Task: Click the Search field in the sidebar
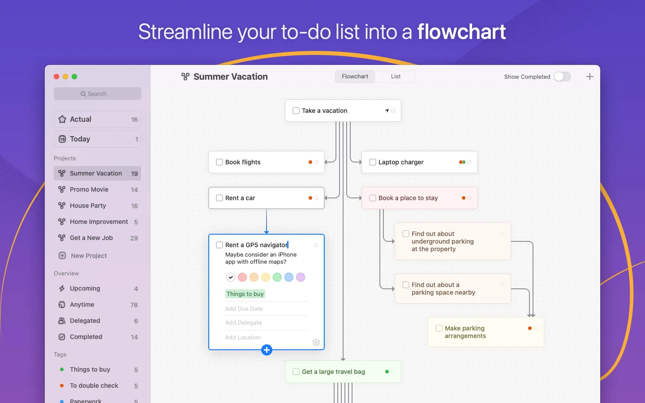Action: coord(97,94)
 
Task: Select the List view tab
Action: coord(396,77)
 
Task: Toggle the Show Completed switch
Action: coord(562,77)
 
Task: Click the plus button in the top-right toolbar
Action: coord(590,77)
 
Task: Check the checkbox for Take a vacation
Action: coord(296,111)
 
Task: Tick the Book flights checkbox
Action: coord(219,162)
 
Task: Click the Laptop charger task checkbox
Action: coord(373,162)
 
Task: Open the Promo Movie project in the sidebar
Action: coord(89,189)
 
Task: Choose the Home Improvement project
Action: coord(99,222)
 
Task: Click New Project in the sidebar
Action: coord(89,256)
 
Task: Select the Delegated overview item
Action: coord(85,321)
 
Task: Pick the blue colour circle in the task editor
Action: coord(289,277)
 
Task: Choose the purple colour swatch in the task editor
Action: coord(301,277)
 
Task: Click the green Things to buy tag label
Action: coord(245,294)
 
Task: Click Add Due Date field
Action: coord(244,309)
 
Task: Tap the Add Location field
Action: coord(243,337)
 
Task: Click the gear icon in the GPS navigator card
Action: coord(316,343)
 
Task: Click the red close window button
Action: coord(56,77)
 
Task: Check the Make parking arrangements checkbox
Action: coord(439,328)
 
